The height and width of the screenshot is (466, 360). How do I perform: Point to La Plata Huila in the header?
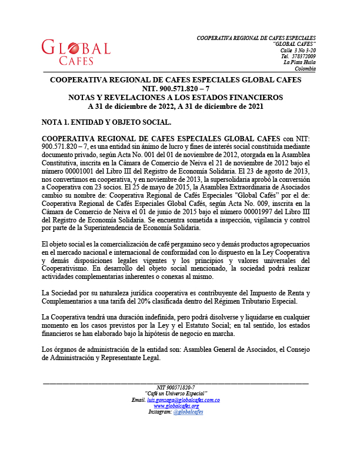coord(299,62)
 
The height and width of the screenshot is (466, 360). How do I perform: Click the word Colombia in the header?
coord(305,68)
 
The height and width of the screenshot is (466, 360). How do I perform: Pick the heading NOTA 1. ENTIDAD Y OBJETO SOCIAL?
coord(106,122)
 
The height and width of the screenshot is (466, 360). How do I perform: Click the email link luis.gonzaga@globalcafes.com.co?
coord(183,400)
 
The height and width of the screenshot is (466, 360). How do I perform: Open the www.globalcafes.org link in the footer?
coord(176,406)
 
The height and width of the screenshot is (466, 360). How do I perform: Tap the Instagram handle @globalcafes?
coord(188,412)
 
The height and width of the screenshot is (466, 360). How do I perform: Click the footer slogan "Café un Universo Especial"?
coord(176,394)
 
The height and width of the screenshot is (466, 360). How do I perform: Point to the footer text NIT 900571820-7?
coord(176,387)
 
